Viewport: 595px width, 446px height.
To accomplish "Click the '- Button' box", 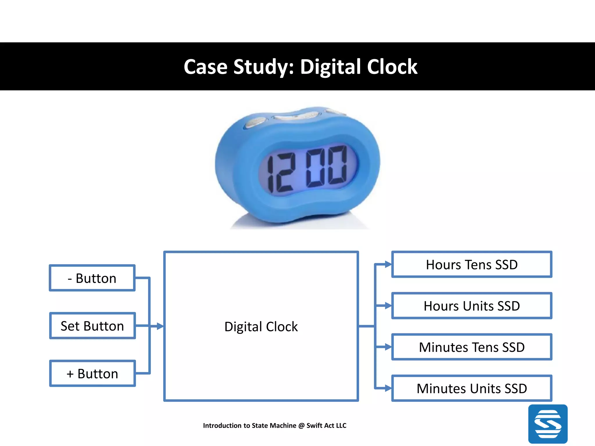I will [x=92, y=278].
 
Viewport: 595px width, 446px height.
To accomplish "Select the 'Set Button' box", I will [x=92, y=326].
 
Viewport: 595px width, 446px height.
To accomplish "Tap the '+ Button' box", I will [x=92, y=374].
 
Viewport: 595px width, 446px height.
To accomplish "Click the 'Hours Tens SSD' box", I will [x=472, y=265].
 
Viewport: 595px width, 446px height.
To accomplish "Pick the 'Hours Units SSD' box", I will [x=472, y=306].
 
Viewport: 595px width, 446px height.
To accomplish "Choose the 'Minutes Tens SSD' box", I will [x=472, y=347].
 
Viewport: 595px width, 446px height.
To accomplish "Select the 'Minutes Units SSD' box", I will [x=472, y=389].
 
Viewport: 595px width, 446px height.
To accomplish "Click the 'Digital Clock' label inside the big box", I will [x=261, y=327].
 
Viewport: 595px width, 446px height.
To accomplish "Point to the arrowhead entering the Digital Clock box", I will [x=160, y=326].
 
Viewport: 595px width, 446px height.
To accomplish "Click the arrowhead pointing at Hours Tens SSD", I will [x=388, y=264].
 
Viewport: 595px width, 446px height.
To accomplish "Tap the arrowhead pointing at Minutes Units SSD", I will [x=388, y=388].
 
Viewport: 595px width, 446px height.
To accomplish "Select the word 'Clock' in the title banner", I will [x=392, y=67].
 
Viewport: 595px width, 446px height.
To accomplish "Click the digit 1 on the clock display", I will [x=270, y=174].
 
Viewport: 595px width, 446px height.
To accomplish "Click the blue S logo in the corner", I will [x=548, y=424].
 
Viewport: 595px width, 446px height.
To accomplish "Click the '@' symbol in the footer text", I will [x=301, y=426].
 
